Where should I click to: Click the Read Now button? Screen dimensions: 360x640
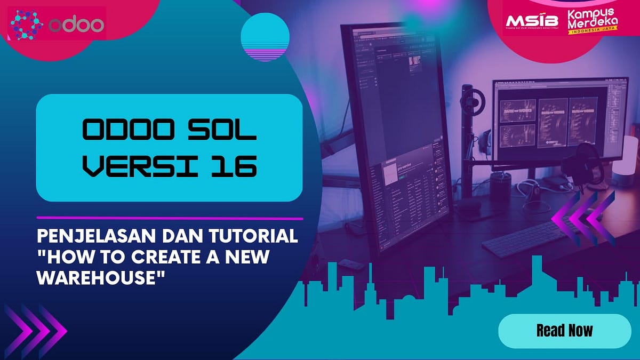[564, 331]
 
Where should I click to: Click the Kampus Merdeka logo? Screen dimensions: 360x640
[591, 21]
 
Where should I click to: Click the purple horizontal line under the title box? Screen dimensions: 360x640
[170, 218]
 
